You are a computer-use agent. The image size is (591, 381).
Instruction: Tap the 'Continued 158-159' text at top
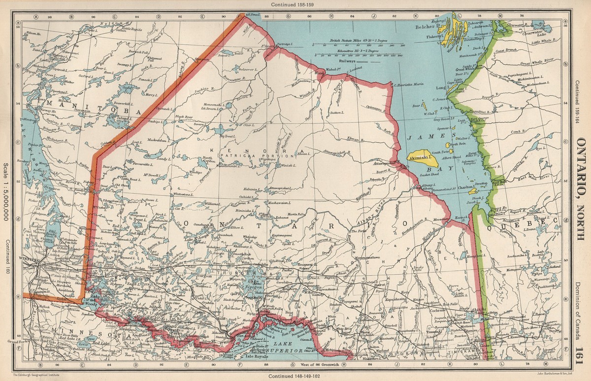(295, 4)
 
